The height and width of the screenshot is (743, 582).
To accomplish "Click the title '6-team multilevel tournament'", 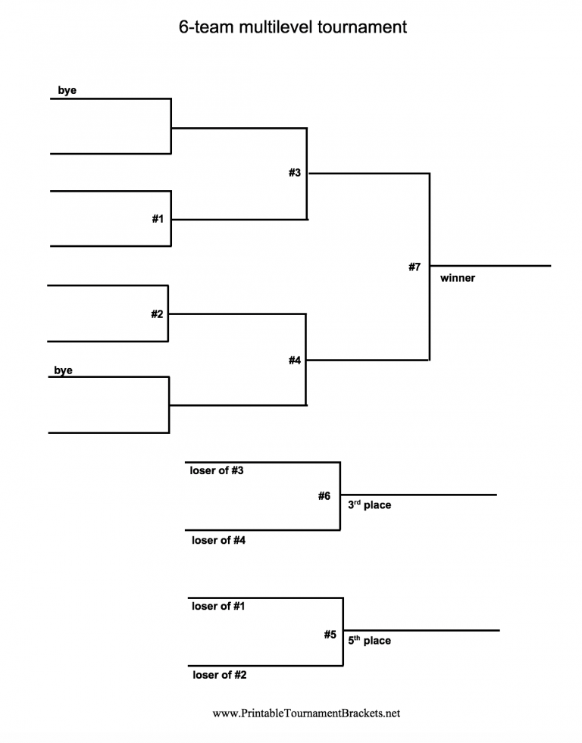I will (293, 27).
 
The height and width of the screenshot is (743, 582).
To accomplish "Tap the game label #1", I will (158, 219).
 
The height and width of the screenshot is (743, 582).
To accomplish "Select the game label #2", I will (157, 314).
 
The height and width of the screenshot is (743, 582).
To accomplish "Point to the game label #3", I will (295, 173).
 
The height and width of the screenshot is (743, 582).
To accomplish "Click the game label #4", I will (295, 361).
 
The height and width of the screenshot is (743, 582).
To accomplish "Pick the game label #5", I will (330, 635).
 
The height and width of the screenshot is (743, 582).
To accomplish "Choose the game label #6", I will (324, 496).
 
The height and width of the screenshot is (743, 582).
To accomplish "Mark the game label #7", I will (414, 267).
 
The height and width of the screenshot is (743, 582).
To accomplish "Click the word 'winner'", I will (458, 278).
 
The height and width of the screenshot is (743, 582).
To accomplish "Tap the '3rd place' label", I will (369, 504).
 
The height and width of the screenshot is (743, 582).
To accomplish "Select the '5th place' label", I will (369, 640).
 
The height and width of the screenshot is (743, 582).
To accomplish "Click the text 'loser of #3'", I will (217, 470).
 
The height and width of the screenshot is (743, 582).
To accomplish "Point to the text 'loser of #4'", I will (218, 540).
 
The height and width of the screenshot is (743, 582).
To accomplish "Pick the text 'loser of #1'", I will (218, 606).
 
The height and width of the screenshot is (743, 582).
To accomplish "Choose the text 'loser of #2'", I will (219, 675).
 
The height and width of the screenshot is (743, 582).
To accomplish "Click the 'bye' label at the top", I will (67, 90).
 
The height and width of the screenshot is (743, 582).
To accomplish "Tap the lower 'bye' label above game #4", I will (63, 370).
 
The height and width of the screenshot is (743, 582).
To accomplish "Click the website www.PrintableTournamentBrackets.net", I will (306, 713).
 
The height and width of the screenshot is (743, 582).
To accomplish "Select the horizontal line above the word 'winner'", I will (490, 266).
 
